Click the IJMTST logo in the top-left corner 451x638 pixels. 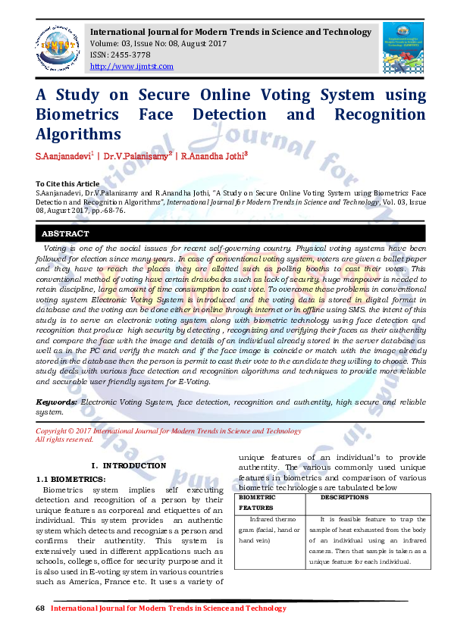click(56, 45)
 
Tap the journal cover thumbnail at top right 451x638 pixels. click(402, 47)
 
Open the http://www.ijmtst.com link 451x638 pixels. click(131, 67)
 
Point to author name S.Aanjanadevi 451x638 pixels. click(63, 156)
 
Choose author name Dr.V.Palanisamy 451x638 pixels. click(138, 156)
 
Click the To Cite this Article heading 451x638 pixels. click(67, 184)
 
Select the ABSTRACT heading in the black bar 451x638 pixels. click(65, 234)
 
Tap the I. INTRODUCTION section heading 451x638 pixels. click(128, 465)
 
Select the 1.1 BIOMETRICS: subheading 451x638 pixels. click(72, 479)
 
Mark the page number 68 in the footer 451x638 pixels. click(41, 608)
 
